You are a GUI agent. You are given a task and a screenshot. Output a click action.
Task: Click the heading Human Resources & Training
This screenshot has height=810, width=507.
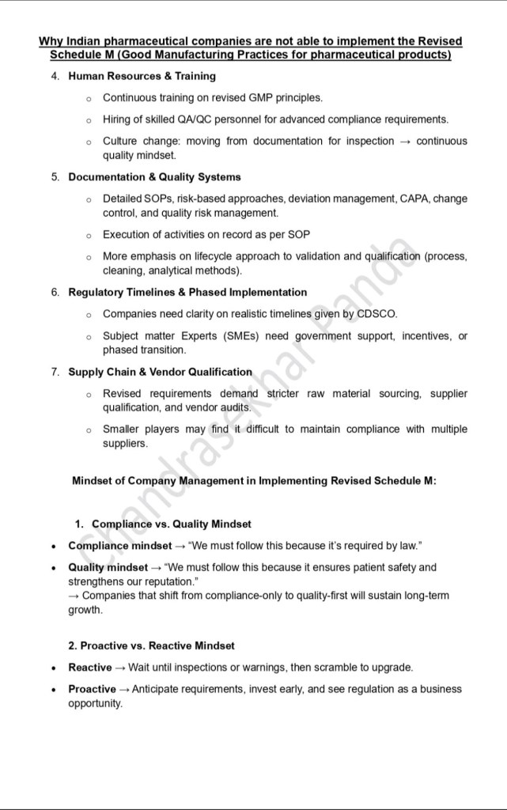(142, 77)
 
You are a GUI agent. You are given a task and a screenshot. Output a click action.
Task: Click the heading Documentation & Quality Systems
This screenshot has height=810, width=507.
(154, 177)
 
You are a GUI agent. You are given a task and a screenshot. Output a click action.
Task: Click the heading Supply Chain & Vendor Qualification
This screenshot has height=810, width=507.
(160, 372)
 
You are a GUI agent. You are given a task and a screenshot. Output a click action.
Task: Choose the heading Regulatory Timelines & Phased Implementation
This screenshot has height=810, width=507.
(187, 293)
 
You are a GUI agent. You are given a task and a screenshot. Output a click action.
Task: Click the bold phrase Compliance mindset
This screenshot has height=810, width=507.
(119, 546)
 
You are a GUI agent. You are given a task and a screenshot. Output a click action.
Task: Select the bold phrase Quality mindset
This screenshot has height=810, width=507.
(108, 567)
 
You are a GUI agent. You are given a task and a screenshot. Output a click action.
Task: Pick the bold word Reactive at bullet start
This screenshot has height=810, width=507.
(89, 668)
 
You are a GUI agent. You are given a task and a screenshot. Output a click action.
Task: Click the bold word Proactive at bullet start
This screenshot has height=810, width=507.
(92, 689)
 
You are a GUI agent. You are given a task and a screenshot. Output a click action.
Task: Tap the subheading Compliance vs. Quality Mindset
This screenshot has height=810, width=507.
(172, 524)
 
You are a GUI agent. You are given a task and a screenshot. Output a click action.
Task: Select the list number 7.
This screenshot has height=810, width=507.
(55, 372)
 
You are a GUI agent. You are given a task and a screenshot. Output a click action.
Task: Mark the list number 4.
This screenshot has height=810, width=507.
(55, 77)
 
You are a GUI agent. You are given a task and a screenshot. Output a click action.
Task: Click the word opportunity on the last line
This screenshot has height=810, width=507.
(95, 703)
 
